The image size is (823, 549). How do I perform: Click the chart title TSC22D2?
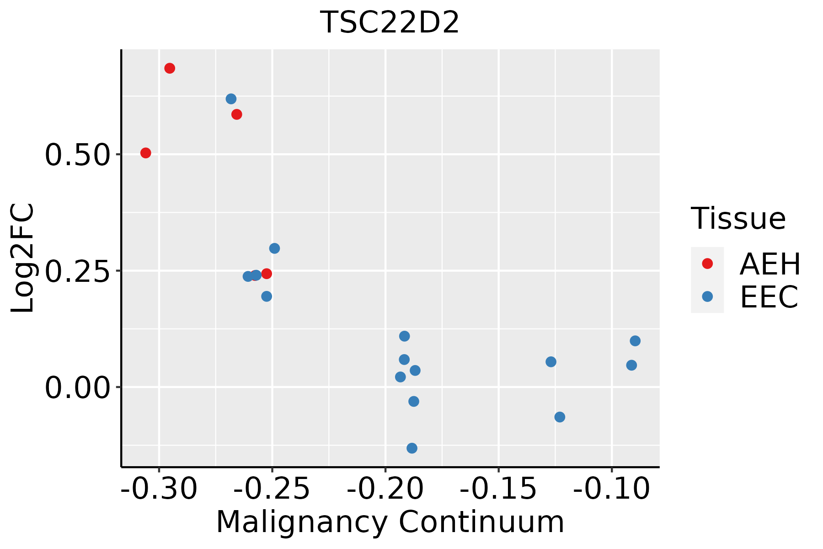pos(390,23)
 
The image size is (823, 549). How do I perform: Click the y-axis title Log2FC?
pos(23,258)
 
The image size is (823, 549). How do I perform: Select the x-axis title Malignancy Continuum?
pos(390,522)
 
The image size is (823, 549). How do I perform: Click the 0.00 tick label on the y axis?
pos(78,388)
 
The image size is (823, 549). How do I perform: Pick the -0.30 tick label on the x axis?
pos(159,489)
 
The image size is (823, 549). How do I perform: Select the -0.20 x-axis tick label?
pos(385,489)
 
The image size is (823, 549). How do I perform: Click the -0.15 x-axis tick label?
pos(498,489)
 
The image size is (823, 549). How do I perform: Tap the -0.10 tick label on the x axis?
pos(612,489)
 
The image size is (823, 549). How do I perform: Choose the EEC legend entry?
pos(769,297)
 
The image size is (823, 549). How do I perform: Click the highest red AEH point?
pos(170,69)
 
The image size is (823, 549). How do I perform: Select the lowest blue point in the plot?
pos(412,448)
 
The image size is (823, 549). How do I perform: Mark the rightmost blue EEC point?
pos(635,341)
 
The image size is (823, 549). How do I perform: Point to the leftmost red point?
pos(146,153)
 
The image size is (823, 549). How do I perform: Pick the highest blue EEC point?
pos(231,99)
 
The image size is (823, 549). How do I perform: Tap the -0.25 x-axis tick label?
pos(272,489)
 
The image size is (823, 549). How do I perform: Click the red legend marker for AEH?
pos(707,264)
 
